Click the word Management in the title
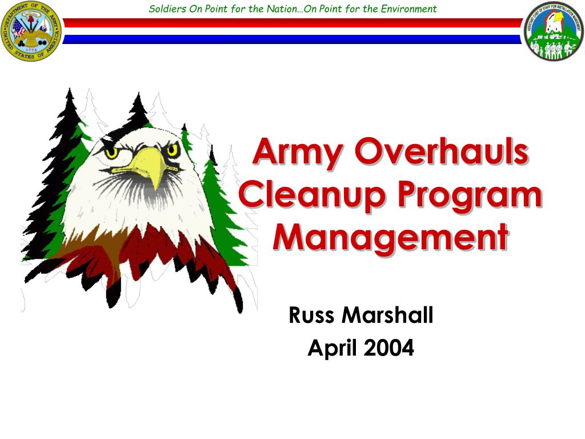coord(390,237)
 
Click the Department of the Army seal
coord(31,31)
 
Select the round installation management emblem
coord(552,31)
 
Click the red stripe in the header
coord(292,23)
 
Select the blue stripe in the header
coord(292,39)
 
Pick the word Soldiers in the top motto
coord(165,9)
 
